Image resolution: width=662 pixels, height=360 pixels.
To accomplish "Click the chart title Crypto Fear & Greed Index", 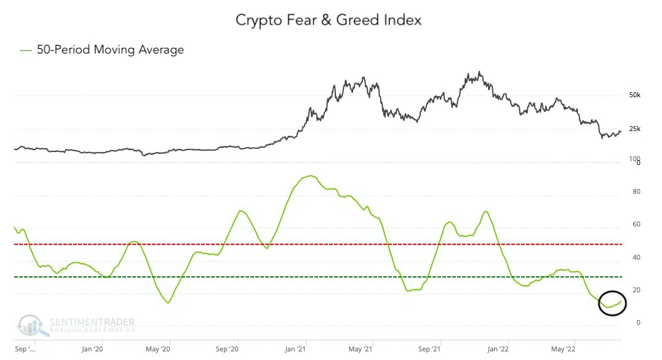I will pyautogui.click(x=329, y=20).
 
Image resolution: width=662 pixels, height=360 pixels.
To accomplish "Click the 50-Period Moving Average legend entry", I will pyautogui.click(x=102, y=50).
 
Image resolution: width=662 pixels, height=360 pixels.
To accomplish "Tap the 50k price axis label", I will pyautogui.click(x=634, y=95).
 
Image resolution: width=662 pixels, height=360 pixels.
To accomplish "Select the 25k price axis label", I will pyautogui.click(x=634, y=129).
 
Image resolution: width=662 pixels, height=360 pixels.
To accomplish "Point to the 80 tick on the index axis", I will pyautogui.click(x=636, y=192).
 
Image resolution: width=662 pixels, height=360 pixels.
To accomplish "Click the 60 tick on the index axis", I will pyautogui.click(x=636, y=225).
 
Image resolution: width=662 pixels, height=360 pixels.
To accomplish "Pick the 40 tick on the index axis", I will pyautogui.click(x=636, y=257).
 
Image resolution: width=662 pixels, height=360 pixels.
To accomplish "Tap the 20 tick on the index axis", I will pyautogui.click(x=636, y=290).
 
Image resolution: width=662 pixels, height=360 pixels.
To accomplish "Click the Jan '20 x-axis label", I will pyautogui.click(x=92, y=349).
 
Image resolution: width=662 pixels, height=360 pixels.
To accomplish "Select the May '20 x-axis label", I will pyautogui.click(x=158, y=349).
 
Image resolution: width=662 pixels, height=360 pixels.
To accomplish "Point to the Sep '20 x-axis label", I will pyautogui.click(x=227, y=349).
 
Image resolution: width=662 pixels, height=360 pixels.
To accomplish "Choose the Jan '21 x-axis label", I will pyautogui.click(x=295, y=349).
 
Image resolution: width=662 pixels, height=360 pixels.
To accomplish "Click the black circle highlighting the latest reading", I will pyautogui.click(x=612, y=302).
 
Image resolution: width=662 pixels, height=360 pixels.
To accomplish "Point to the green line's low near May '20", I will pyautogui.click(x=167, y=302).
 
